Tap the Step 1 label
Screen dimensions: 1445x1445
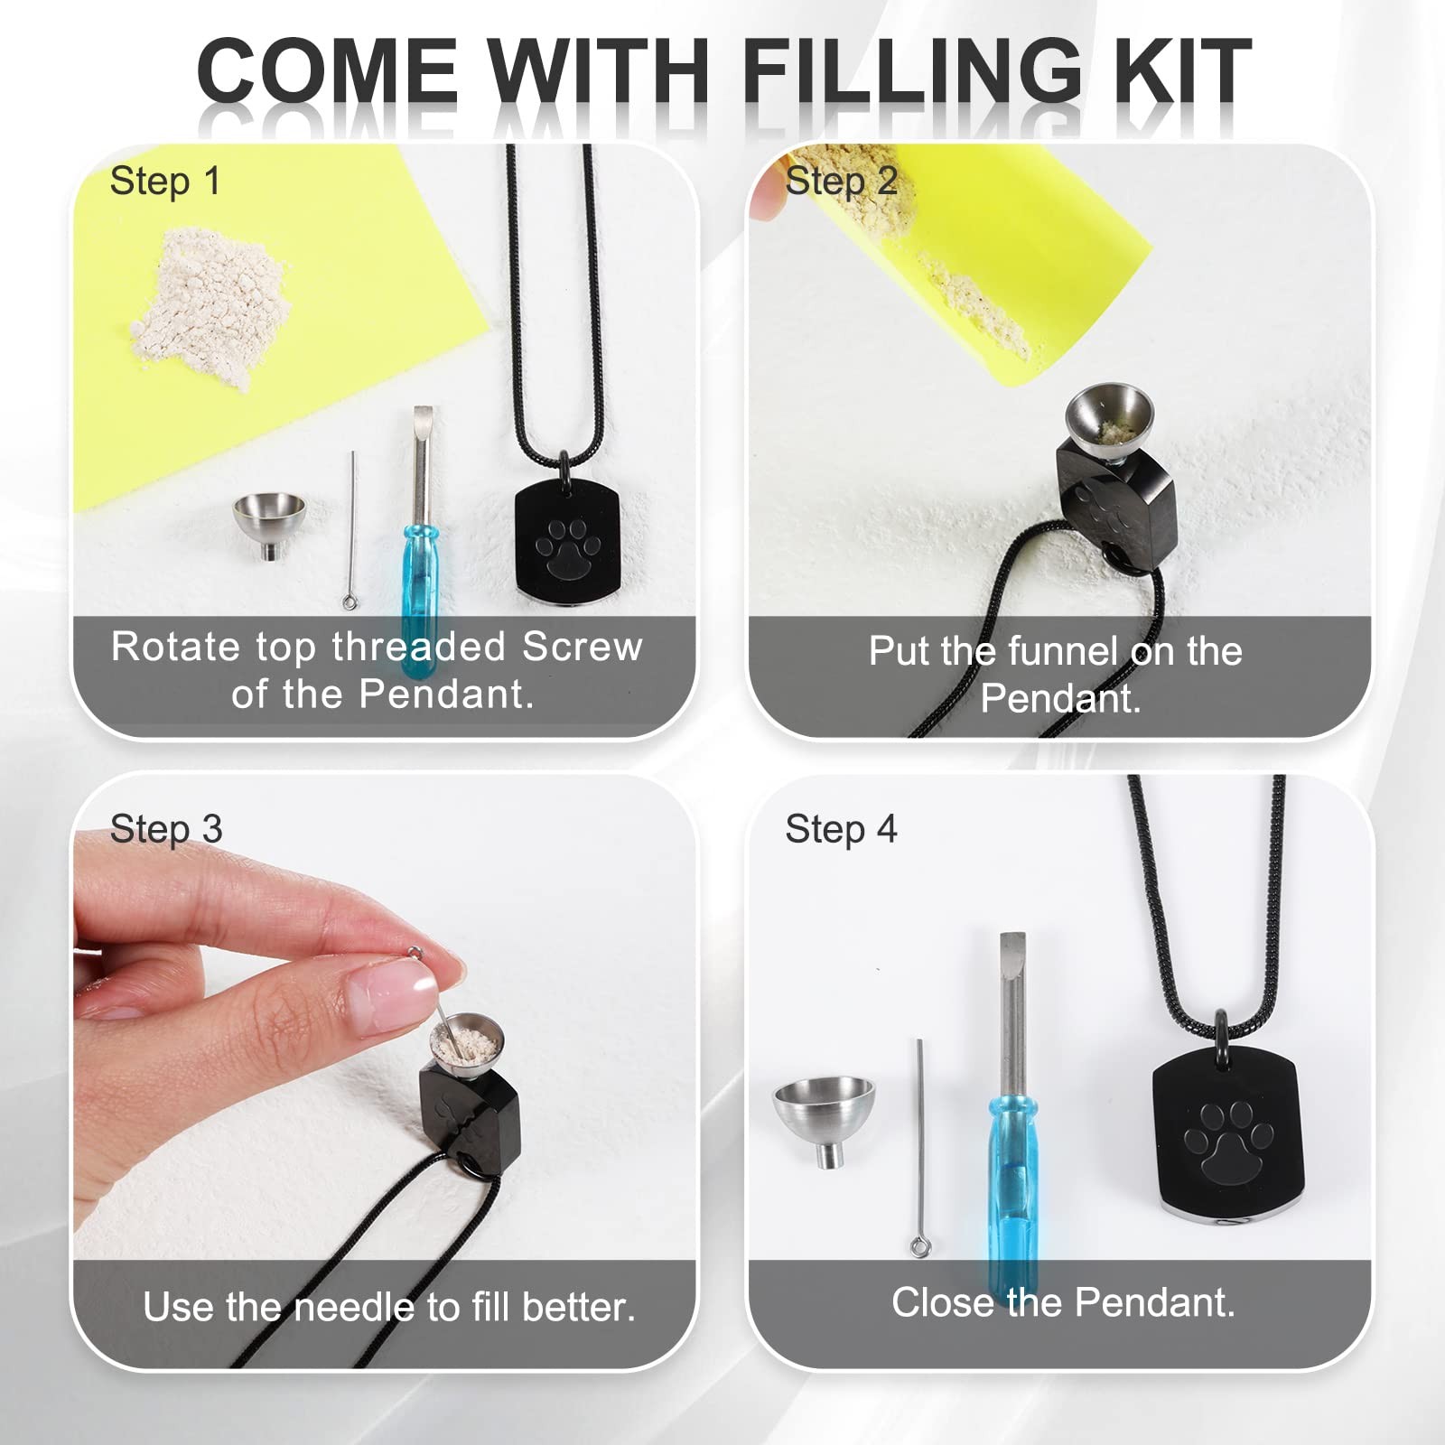pyautogui.click(x=165, y=182)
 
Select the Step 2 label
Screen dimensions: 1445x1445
pyautogui.click(x=841, y=182)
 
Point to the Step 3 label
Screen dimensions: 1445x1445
pyautogui.click(x=166, y=829)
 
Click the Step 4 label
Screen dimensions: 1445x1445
pyautogui.click(x=841, y=829)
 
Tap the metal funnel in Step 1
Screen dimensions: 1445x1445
pyautogui.click(x=268, y=525)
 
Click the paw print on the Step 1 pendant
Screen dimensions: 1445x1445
pyautogui.click(x=568, y=546)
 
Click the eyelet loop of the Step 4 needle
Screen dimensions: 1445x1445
pyautogui.click(x=919, y=1248)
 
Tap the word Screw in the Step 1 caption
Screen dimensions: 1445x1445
pyautogui.click(x=582, y=647)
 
